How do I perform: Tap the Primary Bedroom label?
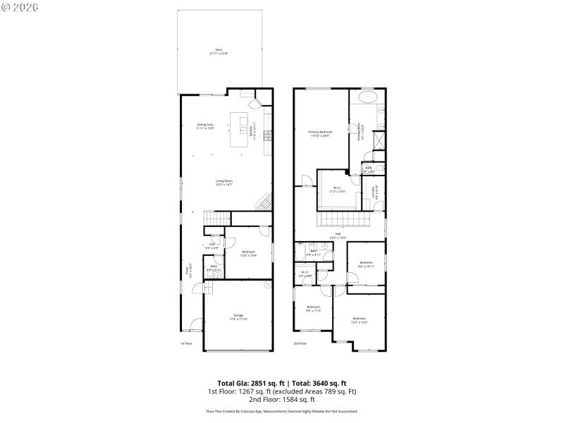click(320, 133)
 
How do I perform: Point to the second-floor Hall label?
click(338, 235)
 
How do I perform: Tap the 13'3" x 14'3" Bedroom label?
click(360, 319)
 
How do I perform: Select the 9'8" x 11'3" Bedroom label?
click(313, 308)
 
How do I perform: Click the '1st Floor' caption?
click(186, 343)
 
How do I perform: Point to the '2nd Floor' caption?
click(300, 343)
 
